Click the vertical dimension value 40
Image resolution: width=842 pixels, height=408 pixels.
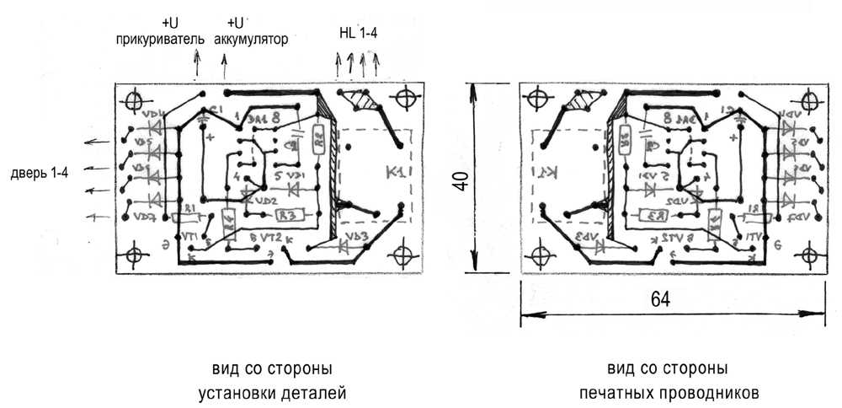pyautogui.click(x=460, y=180)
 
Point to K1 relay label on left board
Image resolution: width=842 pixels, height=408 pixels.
pyautogui.click(x=394, y=173)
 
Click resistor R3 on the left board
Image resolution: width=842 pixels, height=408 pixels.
pyautogui.click(x=289, y=216)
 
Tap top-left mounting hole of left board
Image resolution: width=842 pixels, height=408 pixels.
pyautogui.click(x=135, y=100)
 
